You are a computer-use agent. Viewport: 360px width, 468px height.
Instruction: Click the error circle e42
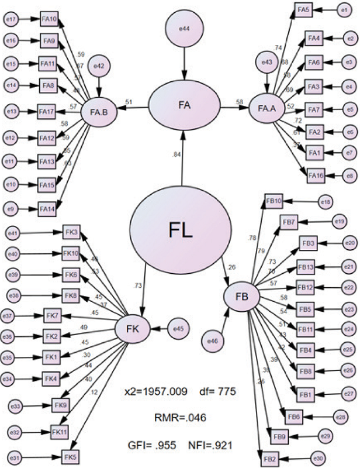[100, 69]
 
